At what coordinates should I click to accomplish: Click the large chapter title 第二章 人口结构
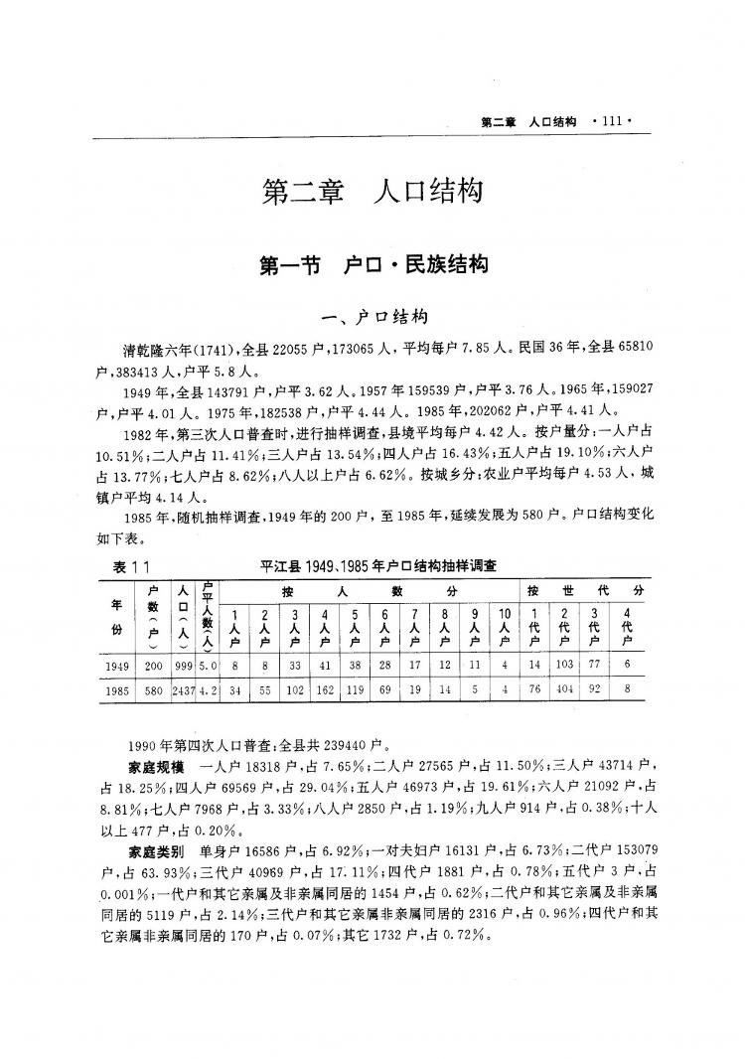click(372, 191)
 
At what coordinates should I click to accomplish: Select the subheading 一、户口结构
click(372, 317)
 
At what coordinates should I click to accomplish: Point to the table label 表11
click(124, 565)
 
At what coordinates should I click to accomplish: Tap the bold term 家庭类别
click(156, 851)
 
